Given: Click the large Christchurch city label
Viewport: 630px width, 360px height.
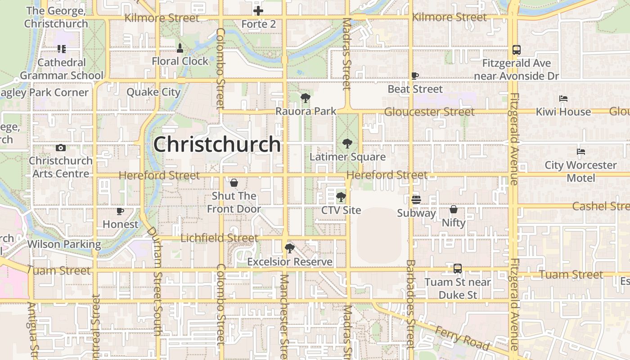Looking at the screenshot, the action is pyautogui.click(x=217, y=144).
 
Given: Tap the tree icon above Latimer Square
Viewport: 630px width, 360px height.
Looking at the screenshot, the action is pyautogui.click(x=347, y=144).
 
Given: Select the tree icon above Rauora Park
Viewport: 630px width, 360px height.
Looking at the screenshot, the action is pyautogui.click(x=306, y=98).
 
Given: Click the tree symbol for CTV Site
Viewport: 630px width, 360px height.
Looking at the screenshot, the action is pyautogui.click(x=341, y=197).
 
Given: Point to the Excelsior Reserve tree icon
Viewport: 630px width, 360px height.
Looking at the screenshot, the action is pyautogui.click(x=289, y=248).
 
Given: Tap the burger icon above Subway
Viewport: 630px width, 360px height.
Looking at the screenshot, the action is pyautogui.click(x=416, y=199).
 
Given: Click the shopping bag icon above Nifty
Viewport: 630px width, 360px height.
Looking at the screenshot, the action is pyautogui.click(x=454, y=209).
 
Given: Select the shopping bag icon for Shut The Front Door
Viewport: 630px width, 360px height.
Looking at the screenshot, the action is pyautogui.click(x=234, y=183).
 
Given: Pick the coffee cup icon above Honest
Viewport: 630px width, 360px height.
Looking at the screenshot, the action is pyautogui.click(x=120, y=211).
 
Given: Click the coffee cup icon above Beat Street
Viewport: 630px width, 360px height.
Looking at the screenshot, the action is pyautogui.click(x=415, y=76).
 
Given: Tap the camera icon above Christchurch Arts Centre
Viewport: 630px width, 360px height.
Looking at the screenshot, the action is pyautogui.click(x=60, y=148).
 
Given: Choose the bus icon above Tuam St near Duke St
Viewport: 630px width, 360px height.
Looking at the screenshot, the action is pyautogui.click(x=458, y=269).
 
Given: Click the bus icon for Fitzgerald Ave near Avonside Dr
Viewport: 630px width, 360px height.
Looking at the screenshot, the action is pyautogui.click(x=517, y=50).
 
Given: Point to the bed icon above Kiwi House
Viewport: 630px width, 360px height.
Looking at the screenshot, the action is pyautogui.click(x=563, y=99).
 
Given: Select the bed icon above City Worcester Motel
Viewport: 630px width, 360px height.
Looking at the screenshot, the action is pyautogui.click(x=580, y=152).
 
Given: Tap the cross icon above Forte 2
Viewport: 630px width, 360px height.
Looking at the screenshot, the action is pyautogui.click(x=258, y=11).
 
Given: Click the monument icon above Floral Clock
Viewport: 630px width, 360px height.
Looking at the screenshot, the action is pyautogui.click(x=180, y=48).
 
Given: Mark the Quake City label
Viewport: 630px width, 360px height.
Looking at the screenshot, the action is pyautogui.click(x=153, y=92).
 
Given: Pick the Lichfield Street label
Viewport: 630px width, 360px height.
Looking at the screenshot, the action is pyautogui.click(x=220, y=238).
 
